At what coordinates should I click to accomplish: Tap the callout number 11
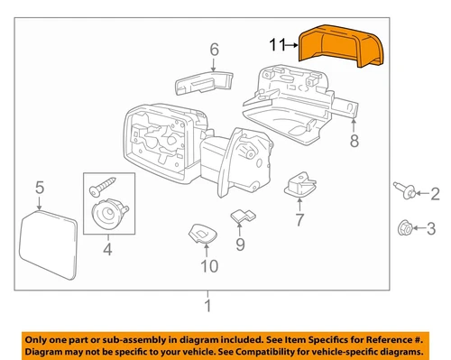pyautogui.click(x=278, y=43)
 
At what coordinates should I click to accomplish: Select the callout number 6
pyautogui.click(x=215, y=49)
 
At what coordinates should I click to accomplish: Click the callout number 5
pyautogui.click(x=39, y=188)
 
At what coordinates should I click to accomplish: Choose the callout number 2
pyautogui.click(x=434, y=192)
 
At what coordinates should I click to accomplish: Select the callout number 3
pyautogui.click(x=434, y=227)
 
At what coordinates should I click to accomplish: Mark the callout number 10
pyautogui.click(x=208, y=265)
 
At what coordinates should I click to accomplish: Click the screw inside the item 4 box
pyautogui.click(x=98, y=188)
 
